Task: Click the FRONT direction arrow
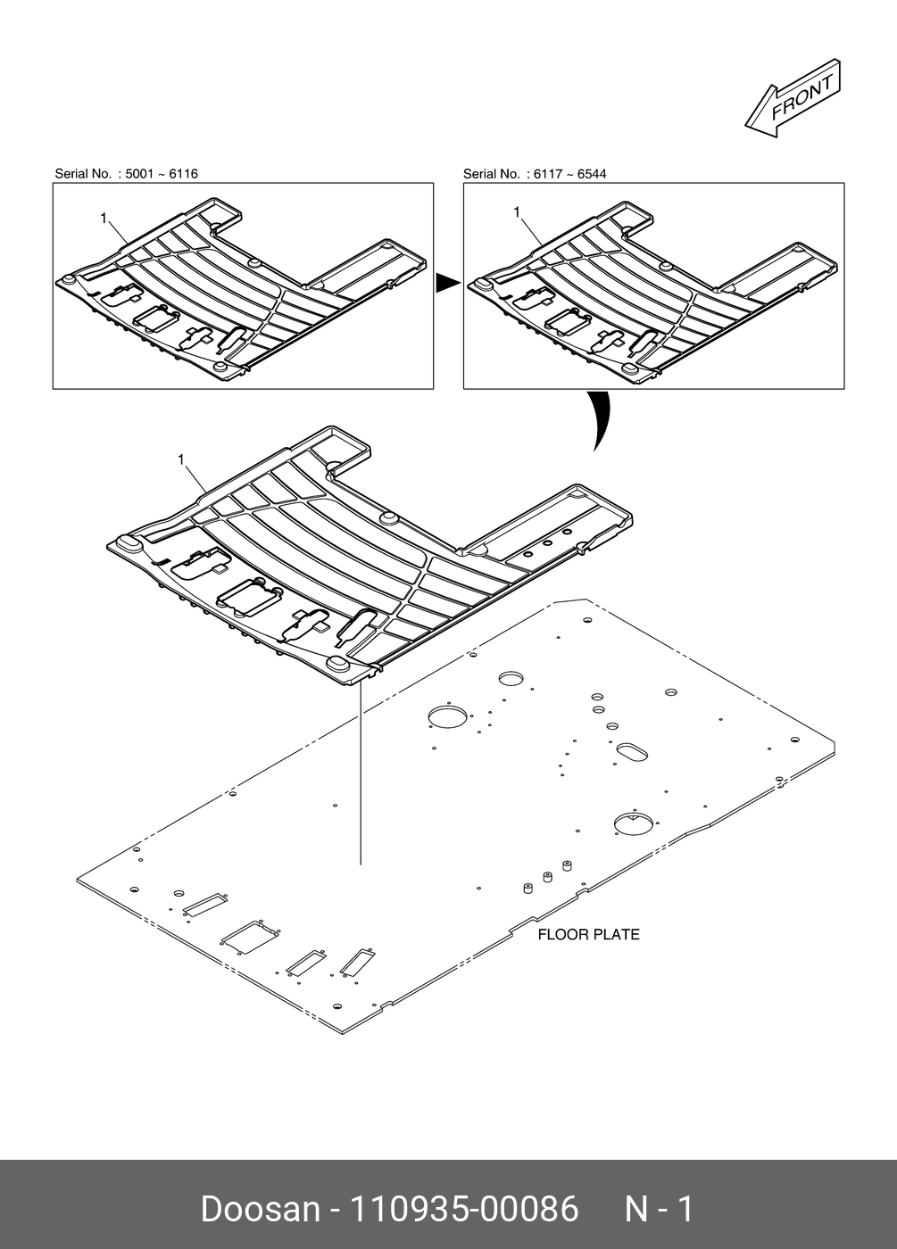tap(793, 97)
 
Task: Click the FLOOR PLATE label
tap(588, 935)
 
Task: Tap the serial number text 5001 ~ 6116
tap(162, 174)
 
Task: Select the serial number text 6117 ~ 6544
tap(569, 174)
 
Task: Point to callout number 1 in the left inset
tap(104, 218)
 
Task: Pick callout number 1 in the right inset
tap(517, 211)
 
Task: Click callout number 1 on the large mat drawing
tap(181, 459)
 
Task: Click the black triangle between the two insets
tap(446, 284)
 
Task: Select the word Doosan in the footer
tap(260, 1210)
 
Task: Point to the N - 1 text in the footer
tap(659, 1210)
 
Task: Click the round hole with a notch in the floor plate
tap(633, 823)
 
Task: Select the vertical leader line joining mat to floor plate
tap(361, 776)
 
